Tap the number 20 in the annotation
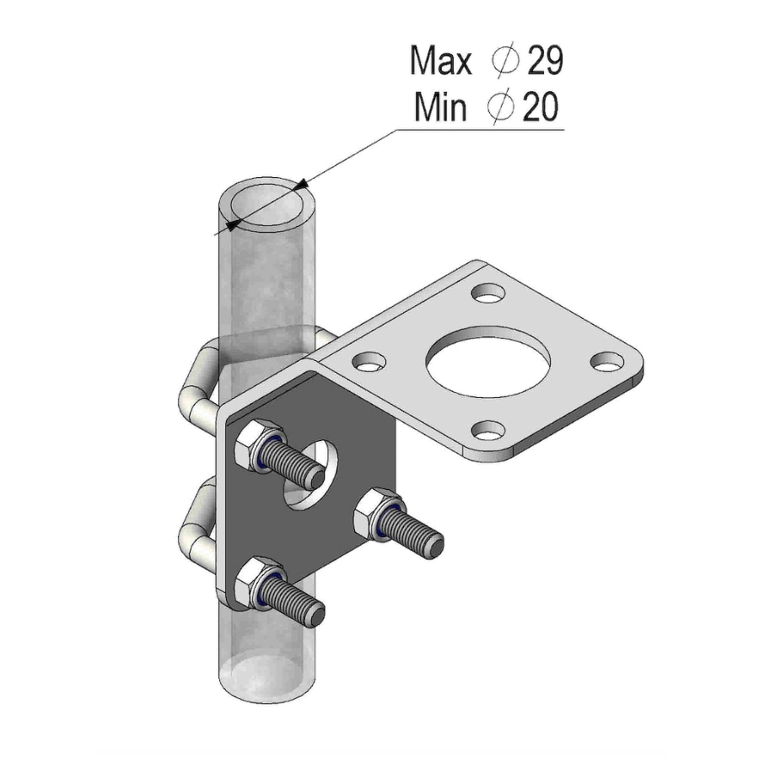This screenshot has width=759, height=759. click(x=540, y=108)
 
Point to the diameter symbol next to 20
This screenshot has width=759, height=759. click(x=501, y=108)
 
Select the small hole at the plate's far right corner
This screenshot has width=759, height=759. click(x=606, y=362)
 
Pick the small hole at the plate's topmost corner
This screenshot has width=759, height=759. click(x=487, y=293)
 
